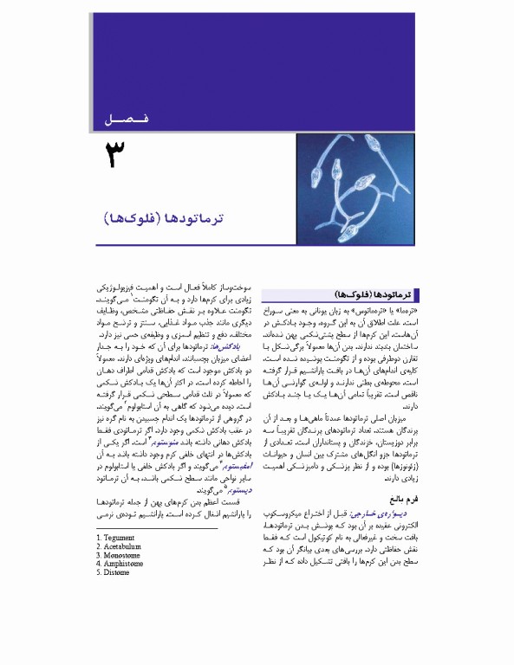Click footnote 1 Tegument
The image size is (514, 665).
click(x=116, y=538)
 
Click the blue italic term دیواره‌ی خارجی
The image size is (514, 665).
click(x=394, y=513)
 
